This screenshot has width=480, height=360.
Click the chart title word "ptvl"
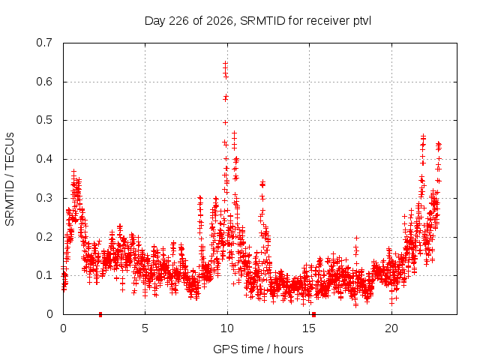361,22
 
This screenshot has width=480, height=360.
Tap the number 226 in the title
178,21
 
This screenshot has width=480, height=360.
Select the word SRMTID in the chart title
262,21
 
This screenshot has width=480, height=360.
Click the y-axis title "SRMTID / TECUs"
10,179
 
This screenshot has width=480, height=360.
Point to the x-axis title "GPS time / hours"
258,349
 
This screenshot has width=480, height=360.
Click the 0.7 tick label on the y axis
44,43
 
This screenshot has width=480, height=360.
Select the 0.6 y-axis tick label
44,82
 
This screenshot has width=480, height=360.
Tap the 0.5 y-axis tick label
44,120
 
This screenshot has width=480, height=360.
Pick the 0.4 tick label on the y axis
44,159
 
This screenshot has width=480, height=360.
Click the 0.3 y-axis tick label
44,198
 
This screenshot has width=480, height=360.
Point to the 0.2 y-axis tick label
44,237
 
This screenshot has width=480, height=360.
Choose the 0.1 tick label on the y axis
44,275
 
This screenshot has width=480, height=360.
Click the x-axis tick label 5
145,328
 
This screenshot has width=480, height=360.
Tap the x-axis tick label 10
227,328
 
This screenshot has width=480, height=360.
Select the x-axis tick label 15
309,328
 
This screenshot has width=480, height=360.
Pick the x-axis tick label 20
391,328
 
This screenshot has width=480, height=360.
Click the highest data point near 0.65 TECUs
225,63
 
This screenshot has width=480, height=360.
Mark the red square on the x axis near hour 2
100,314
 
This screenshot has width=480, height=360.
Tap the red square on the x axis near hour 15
313,314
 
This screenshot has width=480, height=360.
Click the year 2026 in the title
219,21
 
